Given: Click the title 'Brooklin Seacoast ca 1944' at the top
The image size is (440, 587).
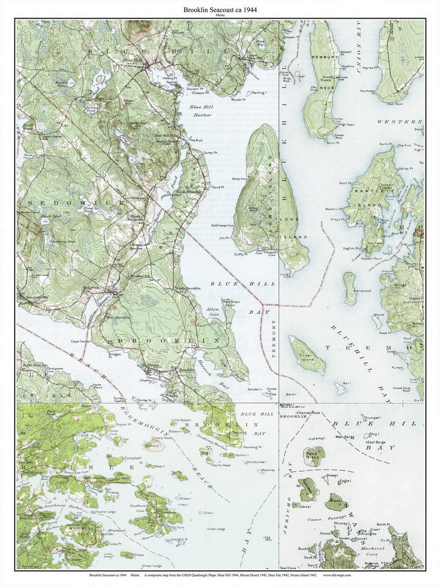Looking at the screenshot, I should coord(221,10).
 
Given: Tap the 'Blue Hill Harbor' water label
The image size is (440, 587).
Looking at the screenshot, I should coord(201,111).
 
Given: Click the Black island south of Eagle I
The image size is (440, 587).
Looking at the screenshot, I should coord(335,501).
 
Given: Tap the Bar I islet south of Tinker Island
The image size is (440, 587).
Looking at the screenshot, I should coord(340,388).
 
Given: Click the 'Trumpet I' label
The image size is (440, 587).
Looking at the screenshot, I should coord(372,417).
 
